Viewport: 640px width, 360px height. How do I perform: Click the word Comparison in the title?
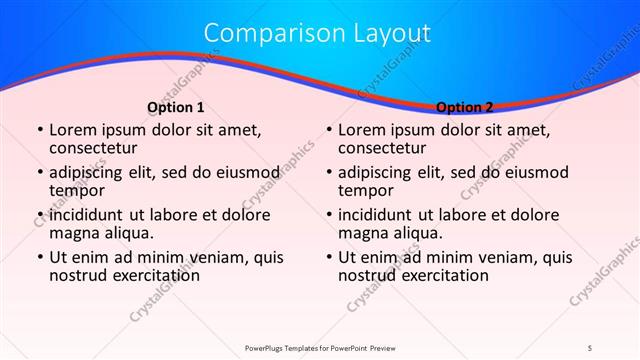[x=262, y=33]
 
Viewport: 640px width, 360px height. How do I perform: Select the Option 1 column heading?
[x=176, y=107]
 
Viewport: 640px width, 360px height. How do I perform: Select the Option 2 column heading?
[x=465, y=107]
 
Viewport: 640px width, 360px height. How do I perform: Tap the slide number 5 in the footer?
[x=590, y=347]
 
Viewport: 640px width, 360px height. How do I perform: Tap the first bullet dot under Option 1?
[x=39, y=130]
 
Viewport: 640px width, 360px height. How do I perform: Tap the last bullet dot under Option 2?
[x=328, y=257]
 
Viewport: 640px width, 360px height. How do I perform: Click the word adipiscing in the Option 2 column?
[x=381, y=172]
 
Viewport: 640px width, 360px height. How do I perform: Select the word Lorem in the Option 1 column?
[x=73, y=130]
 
